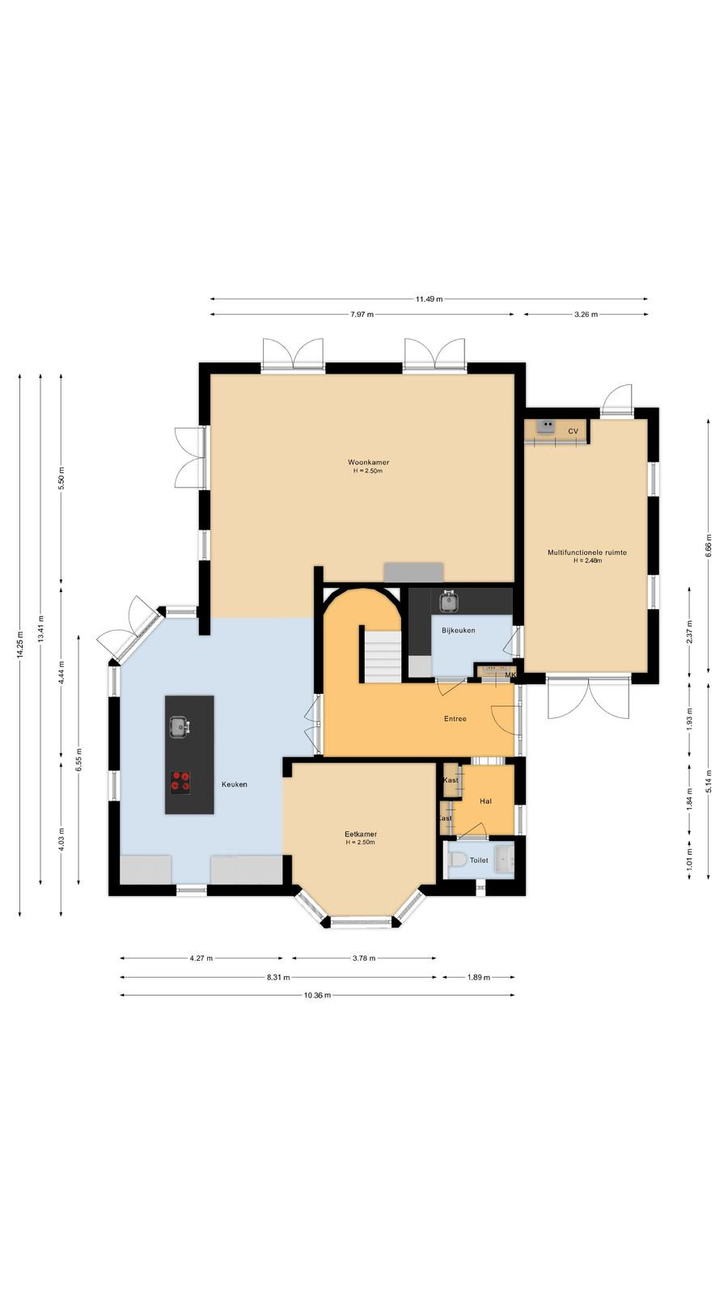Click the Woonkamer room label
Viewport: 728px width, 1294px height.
point(368,462)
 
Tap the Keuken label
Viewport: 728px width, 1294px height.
point(235,784)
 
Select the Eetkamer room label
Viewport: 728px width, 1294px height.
point(361,834)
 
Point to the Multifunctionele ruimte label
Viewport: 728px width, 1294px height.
point(587,552)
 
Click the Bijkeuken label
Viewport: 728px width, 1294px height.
point(458,630)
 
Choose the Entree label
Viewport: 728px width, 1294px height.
point(455,719)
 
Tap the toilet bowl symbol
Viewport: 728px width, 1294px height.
point(458,860)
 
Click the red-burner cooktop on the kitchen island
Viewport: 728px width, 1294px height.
point(180,781)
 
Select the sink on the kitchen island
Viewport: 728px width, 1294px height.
point(180,727)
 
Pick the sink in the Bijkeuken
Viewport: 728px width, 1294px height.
point(448,602)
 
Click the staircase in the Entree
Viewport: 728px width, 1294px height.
point(382,656)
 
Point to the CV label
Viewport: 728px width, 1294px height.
point(573,432)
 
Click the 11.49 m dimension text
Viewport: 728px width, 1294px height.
point(429,299)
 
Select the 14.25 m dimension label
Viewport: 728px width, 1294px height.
point(20,644)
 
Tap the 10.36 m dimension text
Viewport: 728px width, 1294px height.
point(317,996)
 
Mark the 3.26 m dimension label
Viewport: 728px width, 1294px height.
point(586,315)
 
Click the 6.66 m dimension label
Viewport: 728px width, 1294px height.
point(709,545)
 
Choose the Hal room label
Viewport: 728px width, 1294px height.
point(485,801)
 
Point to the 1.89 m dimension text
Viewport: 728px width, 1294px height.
point(478,978)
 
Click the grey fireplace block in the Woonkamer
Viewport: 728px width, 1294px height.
point(413,573)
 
